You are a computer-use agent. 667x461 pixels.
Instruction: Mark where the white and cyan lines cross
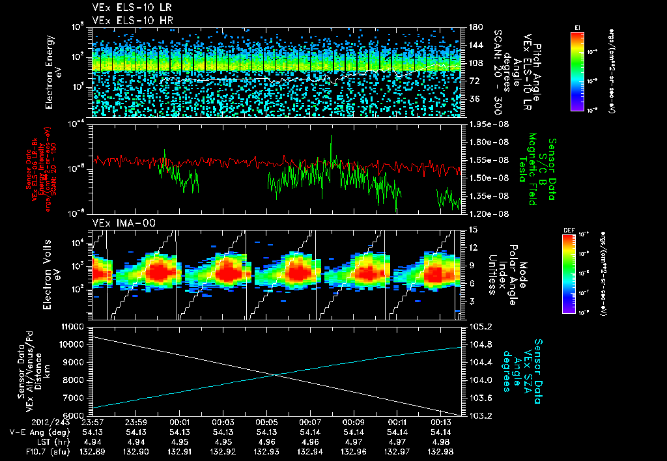[276, 374]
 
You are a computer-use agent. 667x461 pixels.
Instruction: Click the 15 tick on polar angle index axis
[469, 229]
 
